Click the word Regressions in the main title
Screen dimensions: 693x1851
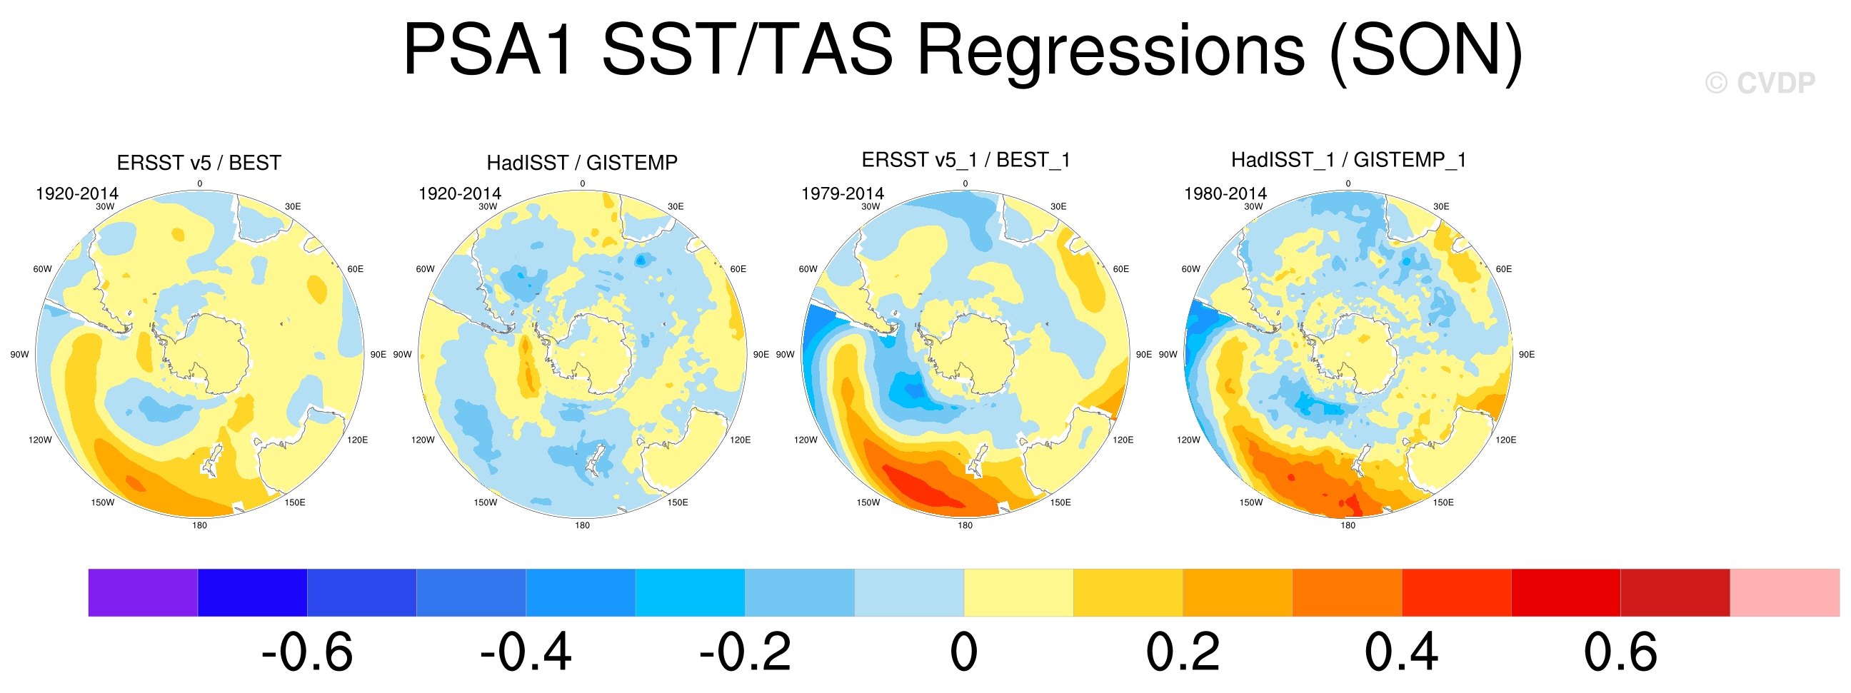(1111, 50)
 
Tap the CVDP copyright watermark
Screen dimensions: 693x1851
(1760, 84)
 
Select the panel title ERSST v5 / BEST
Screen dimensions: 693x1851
(199, 163)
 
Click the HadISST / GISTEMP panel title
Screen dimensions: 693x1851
(582, 163)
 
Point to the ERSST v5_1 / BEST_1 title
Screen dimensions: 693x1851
(965, 159)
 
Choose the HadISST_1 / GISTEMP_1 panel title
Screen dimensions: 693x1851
(1349, 159)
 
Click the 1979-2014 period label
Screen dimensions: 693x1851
(842, 193)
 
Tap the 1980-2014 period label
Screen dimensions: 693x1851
(1225, 193)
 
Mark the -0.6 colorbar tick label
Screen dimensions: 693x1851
(307, 652)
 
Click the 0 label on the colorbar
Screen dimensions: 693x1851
(963, 652)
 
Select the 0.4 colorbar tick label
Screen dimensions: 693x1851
(1401, 652)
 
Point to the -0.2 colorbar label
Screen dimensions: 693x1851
(745, 652)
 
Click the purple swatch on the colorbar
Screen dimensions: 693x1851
(143, 592)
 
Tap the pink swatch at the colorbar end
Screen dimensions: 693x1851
(1784, 592)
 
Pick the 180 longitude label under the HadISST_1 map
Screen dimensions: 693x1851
(1348, 525)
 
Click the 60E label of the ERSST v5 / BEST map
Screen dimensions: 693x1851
(356, 269)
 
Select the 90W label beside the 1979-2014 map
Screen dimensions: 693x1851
(786, 355)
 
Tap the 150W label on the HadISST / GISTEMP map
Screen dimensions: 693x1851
(485, 502)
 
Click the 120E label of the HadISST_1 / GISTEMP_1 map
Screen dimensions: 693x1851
(1506, 440)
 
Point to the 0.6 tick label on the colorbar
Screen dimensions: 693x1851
(1620, 652)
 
